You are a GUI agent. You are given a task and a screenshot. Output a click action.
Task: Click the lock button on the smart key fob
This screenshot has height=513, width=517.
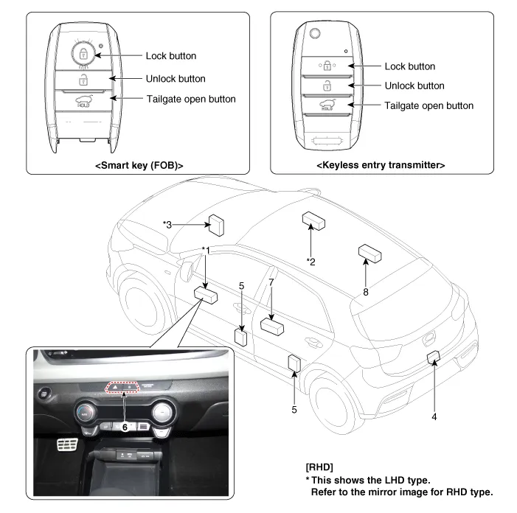[83, 53]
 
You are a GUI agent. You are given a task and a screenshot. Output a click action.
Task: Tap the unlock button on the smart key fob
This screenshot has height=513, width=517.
[83, 80]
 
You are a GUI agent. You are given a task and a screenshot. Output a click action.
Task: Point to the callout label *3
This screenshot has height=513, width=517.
[167, 224]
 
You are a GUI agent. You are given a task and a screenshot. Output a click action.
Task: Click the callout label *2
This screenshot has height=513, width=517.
[311, 261]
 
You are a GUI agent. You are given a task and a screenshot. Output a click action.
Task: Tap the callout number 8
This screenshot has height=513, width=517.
[365, 292]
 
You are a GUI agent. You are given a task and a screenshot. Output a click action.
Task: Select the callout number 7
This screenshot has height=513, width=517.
[271, 283]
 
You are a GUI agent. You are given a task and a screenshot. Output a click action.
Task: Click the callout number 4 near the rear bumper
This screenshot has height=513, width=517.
[434, 417]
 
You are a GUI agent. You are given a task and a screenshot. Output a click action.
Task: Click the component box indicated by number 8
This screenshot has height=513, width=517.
[369, 254]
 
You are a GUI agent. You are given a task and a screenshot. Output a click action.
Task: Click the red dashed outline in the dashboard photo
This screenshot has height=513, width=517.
[123, 388]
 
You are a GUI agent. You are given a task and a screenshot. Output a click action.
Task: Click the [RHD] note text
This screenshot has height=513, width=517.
[319, 467]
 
